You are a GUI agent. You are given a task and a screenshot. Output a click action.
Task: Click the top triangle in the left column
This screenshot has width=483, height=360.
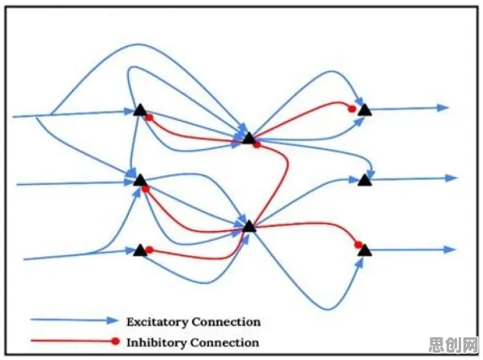point(140,110)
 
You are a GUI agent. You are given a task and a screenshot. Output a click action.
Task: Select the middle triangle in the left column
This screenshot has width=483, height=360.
point(140,180)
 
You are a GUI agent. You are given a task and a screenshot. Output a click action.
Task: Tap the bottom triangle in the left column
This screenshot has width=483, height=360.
point(140,251)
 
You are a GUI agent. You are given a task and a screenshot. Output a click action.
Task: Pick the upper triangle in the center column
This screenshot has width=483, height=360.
point(249,138)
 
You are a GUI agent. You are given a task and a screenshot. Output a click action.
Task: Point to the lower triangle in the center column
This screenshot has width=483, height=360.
point(250,226)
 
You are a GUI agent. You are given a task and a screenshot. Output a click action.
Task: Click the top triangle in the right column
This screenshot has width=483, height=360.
point(365,109)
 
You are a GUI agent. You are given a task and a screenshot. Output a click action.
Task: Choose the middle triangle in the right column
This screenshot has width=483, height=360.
point(365,180)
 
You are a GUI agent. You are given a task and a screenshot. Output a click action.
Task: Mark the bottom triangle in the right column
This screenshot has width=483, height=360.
point(365,251)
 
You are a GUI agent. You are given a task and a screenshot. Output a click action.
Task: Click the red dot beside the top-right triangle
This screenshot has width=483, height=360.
point(352,109)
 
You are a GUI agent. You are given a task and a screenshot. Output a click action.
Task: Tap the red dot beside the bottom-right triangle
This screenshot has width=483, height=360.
point(358,245)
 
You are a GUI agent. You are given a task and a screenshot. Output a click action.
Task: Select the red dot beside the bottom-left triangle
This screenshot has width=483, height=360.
point(149,250)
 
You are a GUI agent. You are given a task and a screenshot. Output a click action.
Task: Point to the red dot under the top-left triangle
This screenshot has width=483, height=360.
point(149,118)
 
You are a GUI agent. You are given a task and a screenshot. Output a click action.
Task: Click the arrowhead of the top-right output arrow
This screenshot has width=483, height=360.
point(443,108)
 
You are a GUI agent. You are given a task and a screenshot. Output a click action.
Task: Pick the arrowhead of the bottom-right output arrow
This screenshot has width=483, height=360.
point(450,250)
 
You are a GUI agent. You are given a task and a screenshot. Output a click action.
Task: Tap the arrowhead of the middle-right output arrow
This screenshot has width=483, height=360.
point(451,178)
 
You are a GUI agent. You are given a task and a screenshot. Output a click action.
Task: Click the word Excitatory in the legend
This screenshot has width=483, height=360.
point(157,322)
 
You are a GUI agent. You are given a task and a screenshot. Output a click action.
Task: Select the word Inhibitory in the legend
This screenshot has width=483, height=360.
point(156,343)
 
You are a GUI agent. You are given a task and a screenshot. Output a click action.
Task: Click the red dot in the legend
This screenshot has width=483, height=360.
point(115,341)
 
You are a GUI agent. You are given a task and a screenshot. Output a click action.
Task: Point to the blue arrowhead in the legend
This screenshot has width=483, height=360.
point(112,320)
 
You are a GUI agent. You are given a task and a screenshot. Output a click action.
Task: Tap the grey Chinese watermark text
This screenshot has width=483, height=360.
point(454,345)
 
